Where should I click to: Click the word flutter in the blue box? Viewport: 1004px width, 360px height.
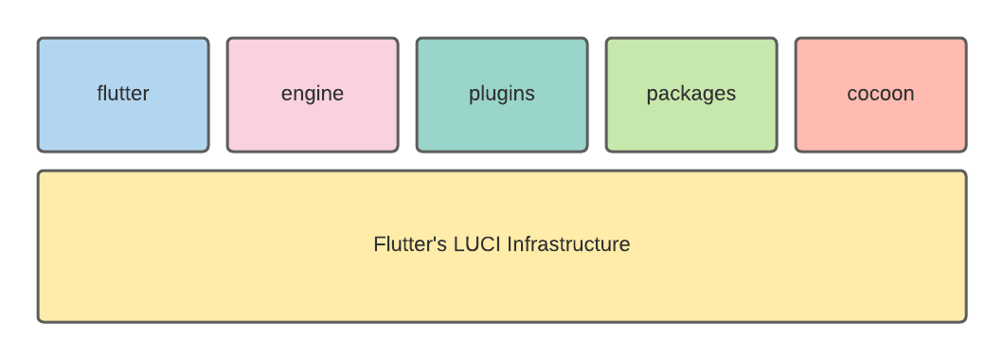point(123,94)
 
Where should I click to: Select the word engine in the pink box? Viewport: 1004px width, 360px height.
point(313,94)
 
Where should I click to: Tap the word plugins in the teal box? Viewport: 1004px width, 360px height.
point(502,94)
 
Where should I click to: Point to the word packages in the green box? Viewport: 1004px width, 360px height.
point(691,94)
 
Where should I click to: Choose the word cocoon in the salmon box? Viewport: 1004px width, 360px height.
point(881,94)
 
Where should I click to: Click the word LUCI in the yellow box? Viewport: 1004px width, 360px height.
point(476,244)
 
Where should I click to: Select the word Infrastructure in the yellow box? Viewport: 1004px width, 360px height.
point(568,244)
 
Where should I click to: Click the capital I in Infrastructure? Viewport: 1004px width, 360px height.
point(510,244)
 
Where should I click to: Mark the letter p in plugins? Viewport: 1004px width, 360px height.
point(474,96)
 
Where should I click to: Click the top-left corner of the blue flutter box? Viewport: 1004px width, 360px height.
point(39,40)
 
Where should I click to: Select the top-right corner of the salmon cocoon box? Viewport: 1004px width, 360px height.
point(964,40)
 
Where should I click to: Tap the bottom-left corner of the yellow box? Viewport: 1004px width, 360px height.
point(39,320)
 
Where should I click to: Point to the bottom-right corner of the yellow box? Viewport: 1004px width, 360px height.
point(964,320)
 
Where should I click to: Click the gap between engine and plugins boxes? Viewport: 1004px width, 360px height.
point(407,95)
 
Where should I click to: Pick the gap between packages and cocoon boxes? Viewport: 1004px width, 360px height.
point(786,95)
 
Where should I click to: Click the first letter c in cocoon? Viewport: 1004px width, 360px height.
point(852,95)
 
